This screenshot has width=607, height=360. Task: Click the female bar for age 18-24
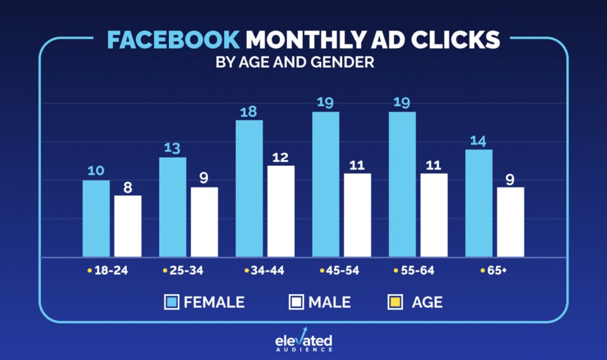[96, 218]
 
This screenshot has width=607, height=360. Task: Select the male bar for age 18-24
[128, 226]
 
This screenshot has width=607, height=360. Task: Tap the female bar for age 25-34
[172, 207]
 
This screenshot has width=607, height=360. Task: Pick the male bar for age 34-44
[281, 211]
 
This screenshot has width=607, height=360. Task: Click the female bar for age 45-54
[325, 184]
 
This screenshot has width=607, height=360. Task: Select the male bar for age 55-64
[434, 215]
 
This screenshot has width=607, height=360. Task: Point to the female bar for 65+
[478, 203]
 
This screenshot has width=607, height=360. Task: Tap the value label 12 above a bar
[281, 157]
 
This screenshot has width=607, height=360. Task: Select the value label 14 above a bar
[478, 141]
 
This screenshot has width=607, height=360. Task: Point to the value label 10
[96, 171]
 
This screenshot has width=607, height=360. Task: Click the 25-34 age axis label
[183, 271]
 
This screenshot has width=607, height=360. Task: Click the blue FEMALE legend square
[171, 302]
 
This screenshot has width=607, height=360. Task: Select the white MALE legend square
[296, 302]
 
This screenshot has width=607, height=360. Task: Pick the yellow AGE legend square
[395, 302]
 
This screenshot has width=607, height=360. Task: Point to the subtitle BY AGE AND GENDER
[295, 62]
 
